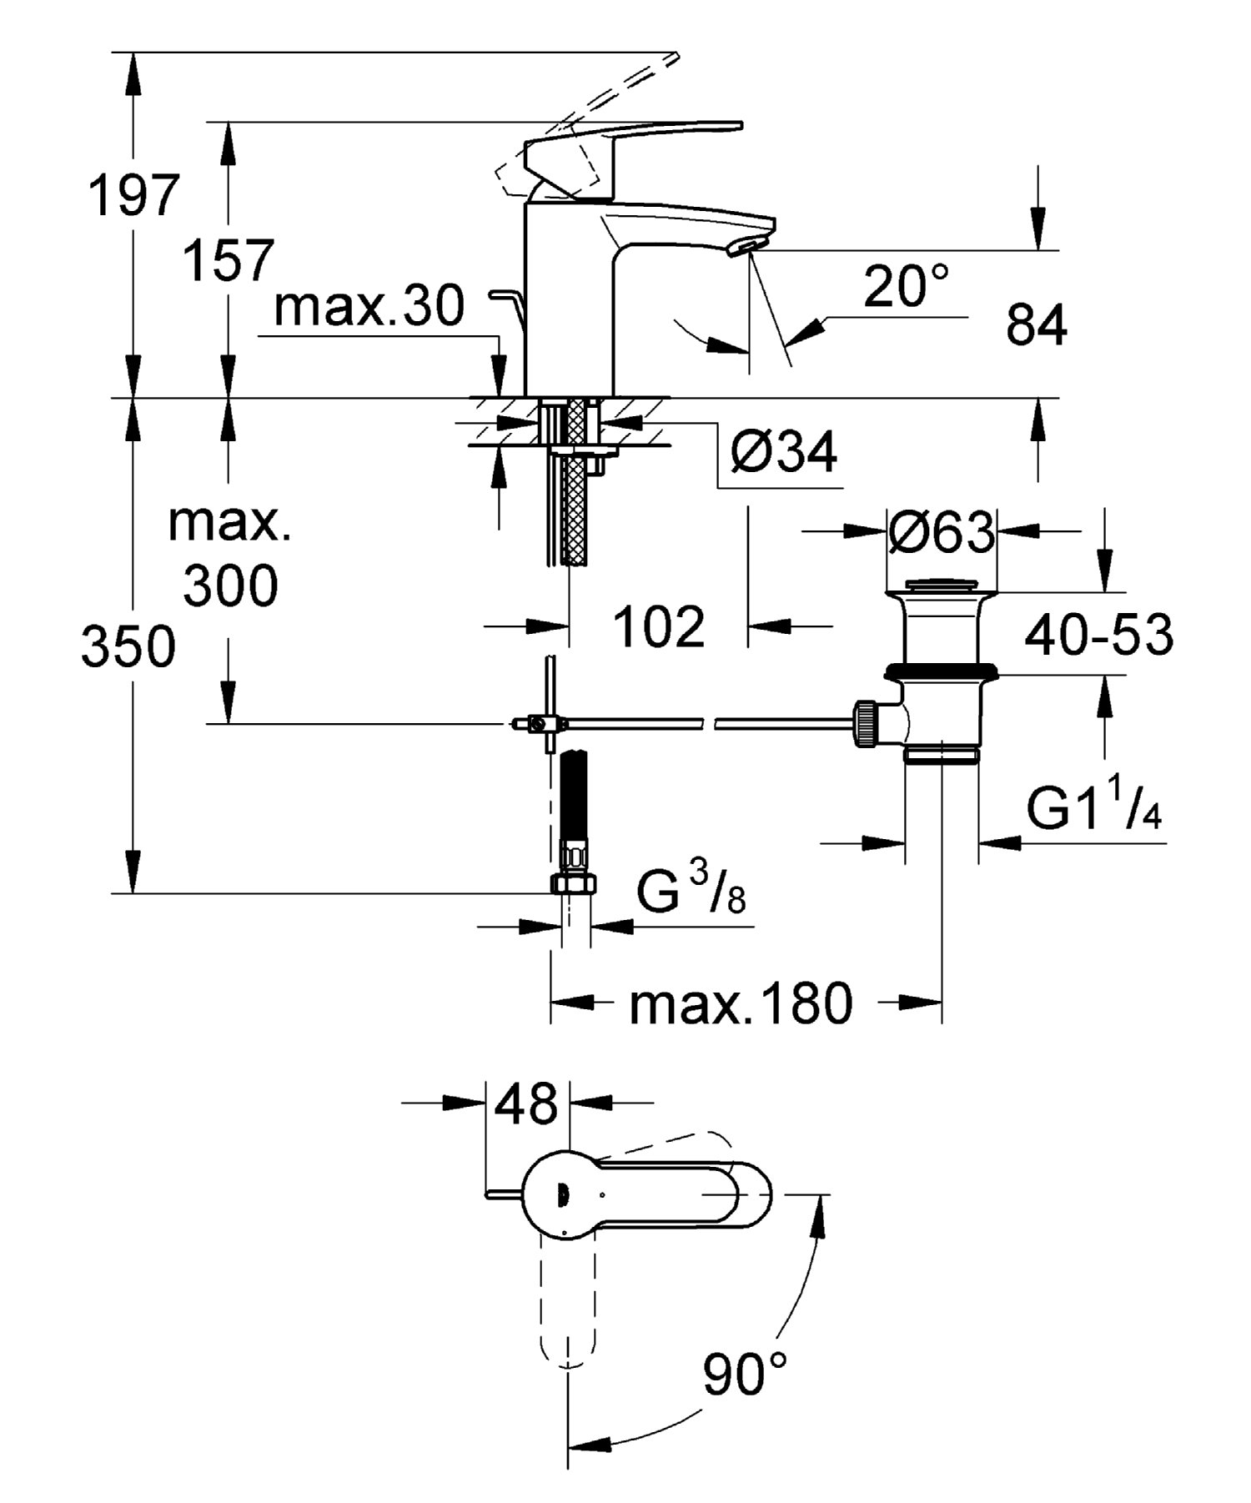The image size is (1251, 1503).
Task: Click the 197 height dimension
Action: coord(134,196)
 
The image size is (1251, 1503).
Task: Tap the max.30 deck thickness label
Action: coord(369,305)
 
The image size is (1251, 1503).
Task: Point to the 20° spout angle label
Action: coord(906,286)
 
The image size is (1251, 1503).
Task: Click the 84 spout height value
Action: coord(1036,324)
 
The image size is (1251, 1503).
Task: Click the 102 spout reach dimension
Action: coord(659,626)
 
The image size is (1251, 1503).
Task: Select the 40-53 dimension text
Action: coord(1098,635)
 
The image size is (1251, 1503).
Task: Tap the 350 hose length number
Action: coord(128,646)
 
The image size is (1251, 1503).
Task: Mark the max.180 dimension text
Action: coord(741,1003)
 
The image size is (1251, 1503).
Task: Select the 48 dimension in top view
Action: coord(526,1103)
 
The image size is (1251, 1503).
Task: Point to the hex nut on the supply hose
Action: coord(575,883)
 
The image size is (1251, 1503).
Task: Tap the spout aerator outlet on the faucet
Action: coord(745,245)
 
